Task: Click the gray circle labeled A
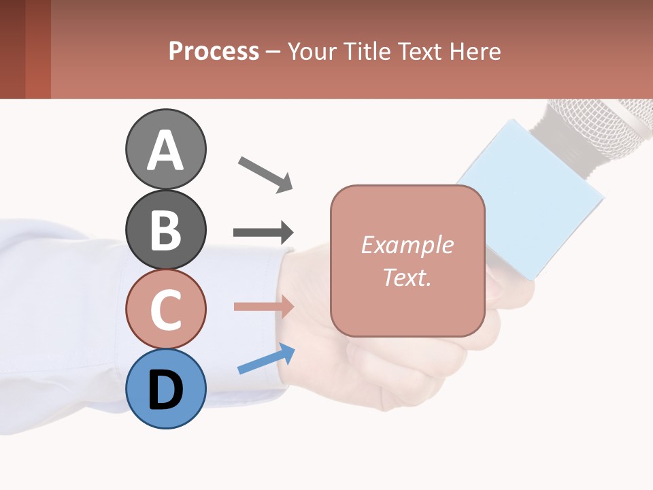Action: click(165, 149)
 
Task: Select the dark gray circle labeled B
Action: click(165, 229)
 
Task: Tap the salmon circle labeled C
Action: click(165, 309)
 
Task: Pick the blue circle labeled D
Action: click(165, 389)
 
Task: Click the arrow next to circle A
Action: click(265, 173)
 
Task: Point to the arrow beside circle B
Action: click(263, 232)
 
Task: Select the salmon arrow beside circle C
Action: click(264, 306)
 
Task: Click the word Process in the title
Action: click(214, 51)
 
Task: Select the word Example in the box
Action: click(407, 245)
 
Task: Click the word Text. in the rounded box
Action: click(407, 277)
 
